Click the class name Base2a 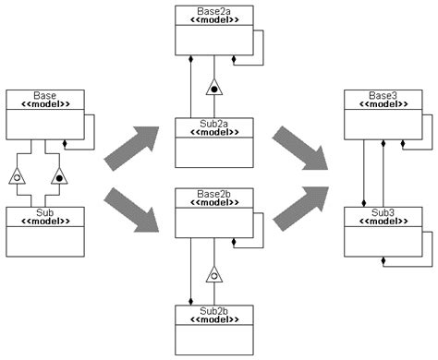coord(214,9)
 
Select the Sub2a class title coord(214,123)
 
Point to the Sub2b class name coord(214,309)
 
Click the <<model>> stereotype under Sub coord(44,222)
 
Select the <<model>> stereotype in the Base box coord(44,104)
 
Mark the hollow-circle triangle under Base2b coord(214,273)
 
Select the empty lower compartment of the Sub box coord(44,242)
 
